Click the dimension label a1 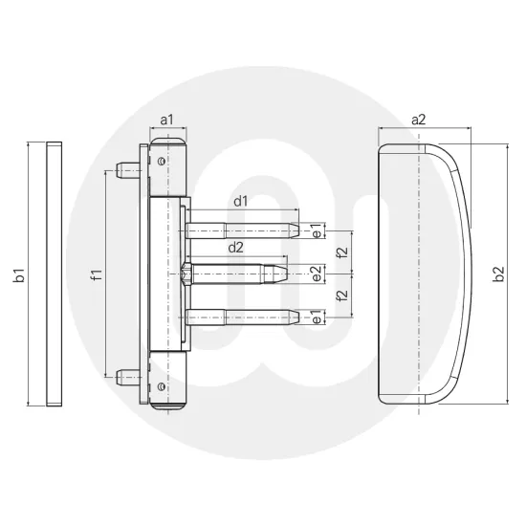pos(166,120)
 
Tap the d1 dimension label pos(240,201)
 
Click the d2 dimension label pos(234,248)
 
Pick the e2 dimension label pos(316,273)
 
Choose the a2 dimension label pos(418,119)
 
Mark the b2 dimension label pos(497,275)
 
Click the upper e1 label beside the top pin pos(317,231)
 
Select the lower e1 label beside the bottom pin pos(317,317)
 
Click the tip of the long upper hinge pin pos(295,231)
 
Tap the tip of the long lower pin pos(295,317)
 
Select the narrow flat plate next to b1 pos(54,274)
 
